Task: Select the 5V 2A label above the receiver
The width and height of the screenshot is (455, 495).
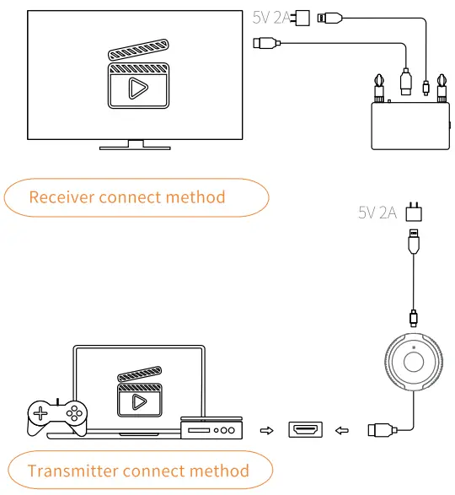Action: click(x=270, y=16)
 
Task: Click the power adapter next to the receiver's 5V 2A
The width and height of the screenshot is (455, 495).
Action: click(x=300, y=16)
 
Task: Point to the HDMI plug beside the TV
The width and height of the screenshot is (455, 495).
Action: click(x=266, y=42)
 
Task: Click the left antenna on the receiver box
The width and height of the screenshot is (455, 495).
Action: click(x=378, y=88)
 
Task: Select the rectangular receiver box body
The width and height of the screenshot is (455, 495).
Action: click(x=409, y=126)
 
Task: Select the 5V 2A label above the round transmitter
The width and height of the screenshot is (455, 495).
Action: click(x=377, y=213)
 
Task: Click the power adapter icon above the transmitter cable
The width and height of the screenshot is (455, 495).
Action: click(x=413, y=212)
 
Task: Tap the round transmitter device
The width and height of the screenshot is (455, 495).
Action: click(x=413, y=363)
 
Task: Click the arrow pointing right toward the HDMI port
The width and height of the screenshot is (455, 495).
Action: click(x=267, y=431)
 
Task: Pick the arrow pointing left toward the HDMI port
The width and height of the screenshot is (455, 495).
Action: click(x=341, y=431)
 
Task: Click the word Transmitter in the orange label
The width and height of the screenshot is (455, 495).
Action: click(x=73, y=471)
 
